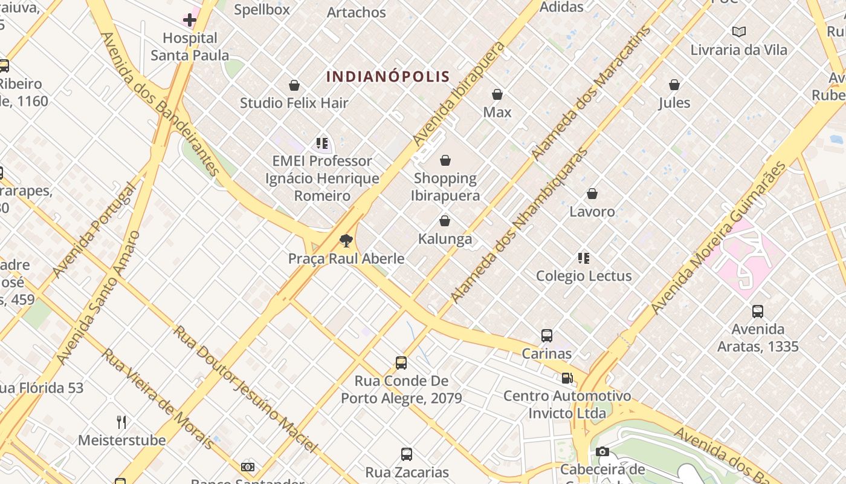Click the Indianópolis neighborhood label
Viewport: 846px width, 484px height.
pos(388,77)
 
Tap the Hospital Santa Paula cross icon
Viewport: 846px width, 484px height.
pos(190,20)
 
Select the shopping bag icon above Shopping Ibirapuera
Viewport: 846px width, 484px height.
pos(445,160)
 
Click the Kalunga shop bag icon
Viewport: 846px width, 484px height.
pos(445,221)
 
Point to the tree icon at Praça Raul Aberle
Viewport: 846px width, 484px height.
pos(346,241)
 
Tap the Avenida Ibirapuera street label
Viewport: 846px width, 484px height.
pos(459,94)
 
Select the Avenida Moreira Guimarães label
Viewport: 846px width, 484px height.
pos(719,238)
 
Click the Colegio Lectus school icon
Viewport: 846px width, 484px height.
pos(584,258)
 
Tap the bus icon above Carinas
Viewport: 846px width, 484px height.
pos(547,336)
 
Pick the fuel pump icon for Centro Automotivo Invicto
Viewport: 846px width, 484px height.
pos(567,378)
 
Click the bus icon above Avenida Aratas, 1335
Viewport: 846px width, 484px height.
pos(758,312)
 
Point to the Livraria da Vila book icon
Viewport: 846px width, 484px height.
pos(738,32)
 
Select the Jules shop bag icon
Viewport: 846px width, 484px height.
pos(674,85)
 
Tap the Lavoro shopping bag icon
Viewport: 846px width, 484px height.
pos(592,194)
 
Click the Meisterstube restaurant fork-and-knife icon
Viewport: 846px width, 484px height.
pos(121,422)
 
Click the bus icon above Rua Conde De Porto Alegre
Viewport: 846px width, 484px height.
pos(401,363)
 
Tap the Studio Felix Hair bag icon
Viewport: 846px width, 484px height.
pos(294,85)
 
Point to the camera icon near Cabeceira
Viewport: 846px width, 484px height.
pos(602,452)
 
